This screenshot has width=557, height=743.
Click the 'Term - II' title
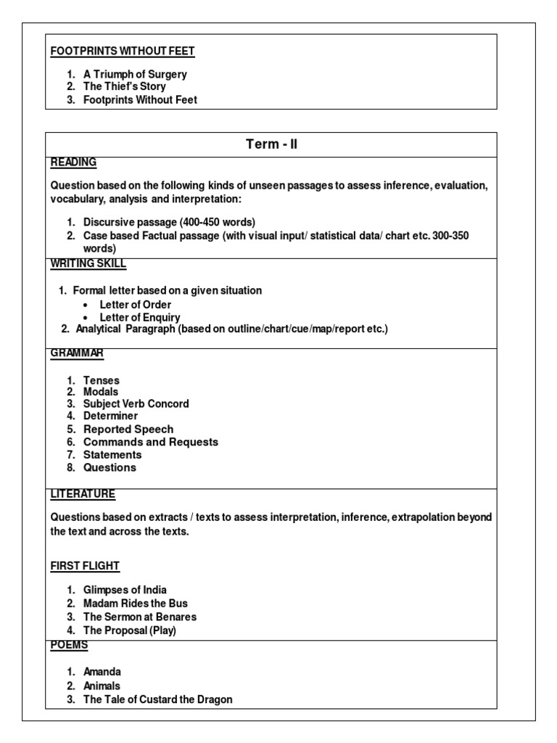(271, 144)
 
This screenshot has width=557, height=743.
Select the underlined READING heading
(73, 163)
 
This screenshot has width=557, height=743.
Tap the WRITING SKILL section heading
(88, 263)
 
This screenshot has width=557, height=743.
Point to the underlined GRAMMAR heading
(77, 353)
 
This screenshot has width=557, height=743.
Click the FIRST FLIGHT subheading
(85, 565)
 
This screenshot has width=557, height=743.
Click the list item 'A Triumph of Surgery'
(135, 74)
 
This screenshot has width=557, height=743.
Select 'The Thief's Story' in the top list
(124, 87)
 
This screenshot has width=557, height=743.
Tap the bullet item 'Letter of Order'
(136, 304)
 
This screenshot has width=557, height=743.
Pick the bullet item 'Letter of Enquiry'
(140, 317)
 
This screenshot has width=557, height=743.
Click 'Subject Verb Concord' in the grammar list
(136, 403)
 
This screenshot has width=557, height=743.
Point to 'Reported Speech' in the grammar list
(128, 429)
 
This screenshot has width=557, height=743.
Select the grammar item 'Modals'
(101, 392)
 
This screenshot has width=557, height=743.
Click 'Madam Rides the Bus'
(136, 604)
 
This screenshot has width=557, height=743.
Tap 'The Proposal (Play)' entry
(130, 630)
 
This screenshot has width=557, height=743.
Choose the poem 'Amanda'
(102, 673)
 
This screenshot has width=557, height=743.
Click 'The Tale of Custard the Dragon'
(157, 699)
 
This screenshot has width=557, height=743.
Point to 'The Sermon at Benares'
(140, 617)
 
